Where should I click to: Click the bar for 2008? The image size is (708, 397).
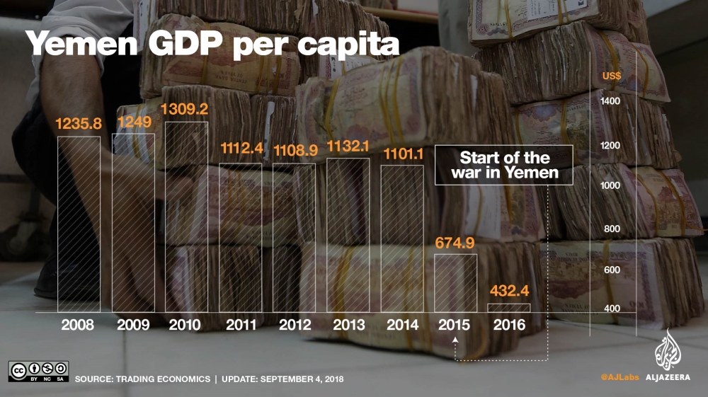[x=79, y=224]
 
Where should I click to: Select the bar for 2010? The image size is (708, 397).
[x=186, y=217]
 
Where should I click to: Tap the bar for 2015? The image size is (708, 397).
[x=455, y=283]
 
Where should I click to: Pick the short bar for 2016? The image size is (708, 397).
[x=509, y=308]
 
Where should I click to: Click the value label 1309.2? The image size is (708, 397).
[x=186, y=110]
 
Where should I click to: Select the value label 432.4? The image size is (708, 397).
[x=509, y=291]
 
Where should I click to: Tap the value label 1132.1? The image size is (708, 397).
[x=348, y=146]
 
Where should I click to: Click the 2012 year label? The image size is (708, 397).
[x=295, y=326]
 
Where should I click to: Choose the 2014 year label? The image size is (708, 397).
[x=402, y=326]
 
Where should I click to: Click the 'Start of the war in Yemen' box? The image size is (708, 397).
[x=503, y=165]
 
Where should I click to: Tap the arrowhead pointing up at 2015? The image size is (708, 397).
[x=455, y=340]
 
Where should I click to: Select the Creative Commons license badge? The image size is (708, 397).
[x=38, y=372]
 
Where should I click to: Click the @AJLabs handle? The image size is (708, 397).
[x=619, y=379]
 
